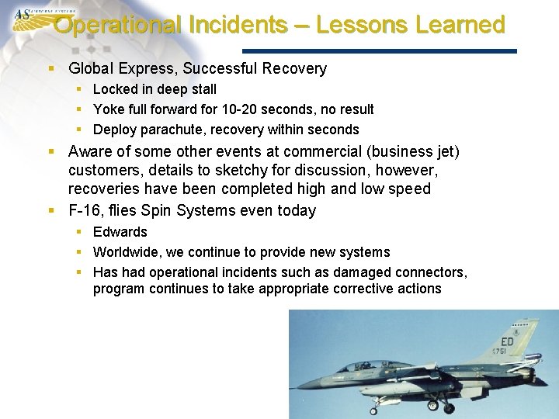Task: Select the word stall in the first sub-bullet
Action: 200,89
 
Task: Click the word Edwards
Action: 120,232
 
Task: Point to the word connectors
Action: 430,272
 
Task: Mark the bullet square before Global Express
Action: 51,69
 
